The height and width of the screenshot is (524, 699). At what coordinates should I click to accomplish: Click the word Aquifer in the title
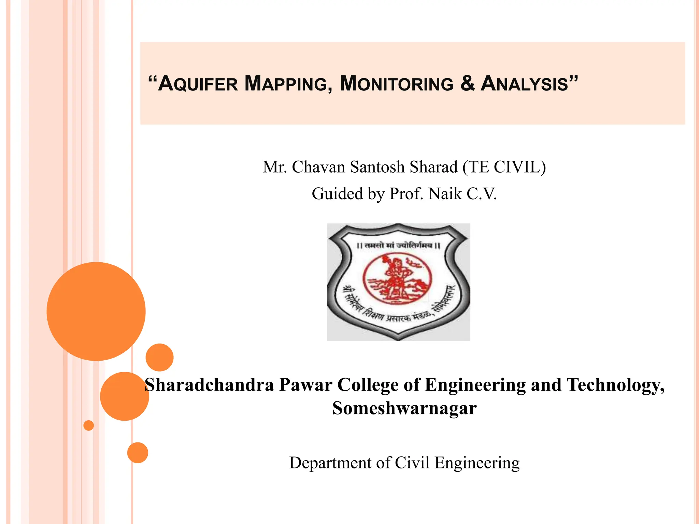(x=198, y=84)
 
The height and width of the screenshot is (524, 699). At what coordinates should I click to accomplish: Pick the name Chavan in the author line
(x=318, y=167)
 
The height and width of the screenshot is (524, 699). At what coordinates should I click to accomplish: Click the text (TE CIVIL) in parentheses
(x=504, y=167)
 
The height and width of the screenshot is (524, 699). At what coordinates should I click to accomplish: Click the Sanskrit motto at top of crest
(x=398, y=245)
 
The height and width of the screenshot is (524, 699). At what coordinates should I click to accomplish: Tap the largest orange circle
(x=96, y=311)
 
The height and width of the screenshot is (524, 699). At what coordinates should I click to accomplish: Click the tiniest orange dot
(x=89, y=425)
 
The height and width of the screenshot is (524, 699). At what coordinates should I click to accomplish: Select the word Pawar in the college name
(x=305, y=385)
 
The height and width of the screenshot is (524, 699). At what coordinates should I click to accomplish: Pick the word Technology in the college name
(x=615, y=385)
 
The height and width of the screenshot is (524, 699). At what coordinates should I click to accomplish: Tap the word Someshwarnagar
(x=404, y=408)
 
